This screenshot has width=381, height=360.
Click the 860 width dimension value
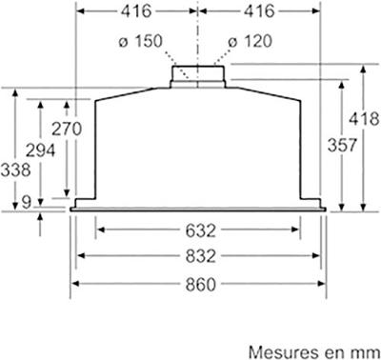(199, 283)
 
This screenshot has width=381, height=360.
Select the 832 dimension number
(199, 256)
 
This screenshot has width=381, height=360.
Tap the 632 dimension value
(199, 230)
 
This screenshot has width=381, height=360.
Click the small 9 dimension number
(26, 199)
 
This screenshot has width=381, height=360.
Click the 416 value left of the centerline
(134, 11)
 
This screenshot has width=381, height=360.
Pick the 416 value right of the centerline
(261, 11)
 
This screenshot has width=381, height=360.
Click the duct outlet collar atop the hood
(198, 74)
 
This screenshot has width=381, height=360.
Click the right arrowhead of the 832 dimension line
(316, 256)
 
